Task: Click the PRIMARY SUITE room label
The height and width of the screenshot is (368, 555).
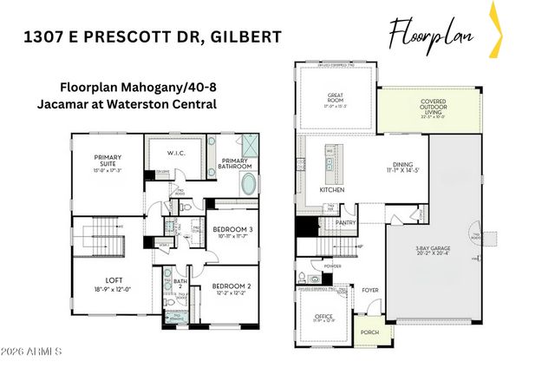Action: click(x=108, y=159)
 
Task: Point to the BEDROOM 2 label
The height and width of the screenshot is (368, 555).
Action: click(x=231, y=286)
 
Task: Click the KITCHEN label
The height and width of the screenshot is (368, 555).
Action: click(x=333, y=188)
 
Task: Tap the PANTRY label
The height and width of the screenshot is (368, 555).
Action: click(x=348, y=222)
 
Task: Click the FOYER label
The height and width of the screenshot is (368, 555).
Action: click(x=370, y=291)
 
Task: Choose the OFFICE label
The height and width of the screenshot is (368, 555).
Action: click(x=323, y=316)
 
